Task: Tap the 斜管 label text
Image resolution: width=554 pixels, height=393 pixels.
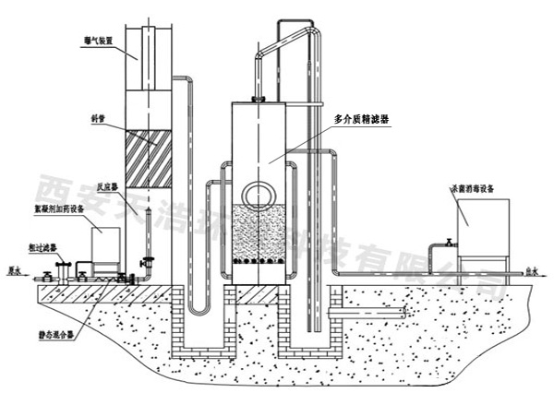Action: (90, 116)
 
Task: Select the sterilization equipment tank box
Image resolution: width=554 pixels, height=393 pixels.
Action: (480, 228)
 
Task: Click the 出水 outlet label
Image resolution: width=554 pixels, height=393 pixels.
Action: (531, 271)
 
